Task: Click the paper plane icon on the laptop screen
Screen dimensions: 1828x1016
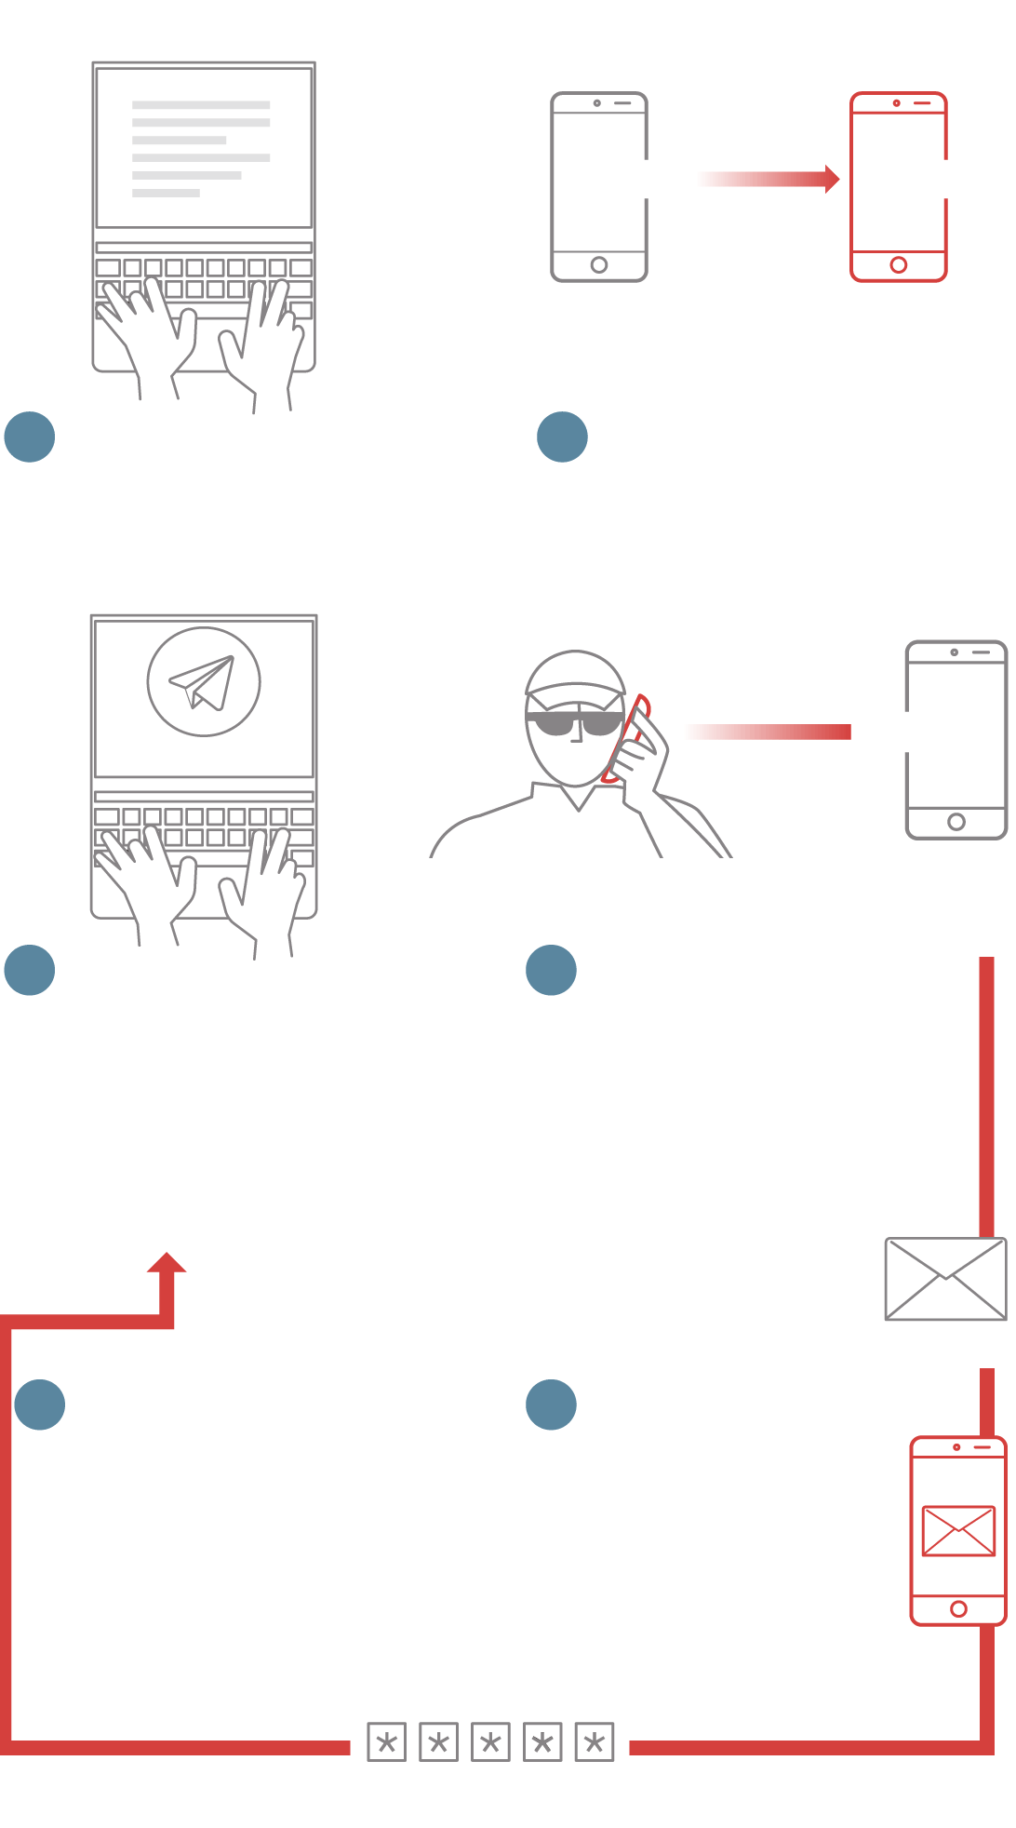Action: pyautogui.click(x=204, y=682)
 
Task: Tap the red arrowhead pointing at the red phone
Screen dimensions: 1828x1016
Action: pyautogui.click(x=832, y=179)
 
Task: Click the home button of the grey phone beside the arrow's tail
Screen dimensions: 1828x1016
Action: pyautogui.click(x=599, y=265)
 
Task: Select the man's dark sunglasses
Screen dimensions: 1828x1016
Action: pyautogui.click(x=574, y=722)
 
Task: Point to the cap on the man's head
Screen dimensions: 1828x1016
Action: pyautogui.click(x=575, y=675)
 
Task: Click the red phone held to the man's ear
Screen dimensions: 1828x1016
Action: pyautogui.click(x=625, y=740)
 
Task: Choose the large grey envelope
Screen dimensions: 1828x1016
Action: pyautogui.click(x=945, y=1278)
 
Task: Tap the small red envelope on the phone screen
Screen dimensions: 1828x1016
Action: pyautogui.click(x=958, y=1530)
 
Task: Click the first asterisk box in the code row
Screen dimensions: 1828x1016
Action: pyautogui.click(x=386, y=1741)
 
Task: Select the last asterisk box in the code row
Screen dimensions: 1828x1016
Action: pyautogui.click(x=595, y=1741)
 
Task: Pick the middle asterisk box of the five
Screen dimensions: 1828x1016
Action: pyautogui.click(x=490, y=1741)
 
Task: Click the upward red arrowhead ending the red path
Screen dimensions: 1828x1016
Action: pyautogui.click(x=167, y=1263)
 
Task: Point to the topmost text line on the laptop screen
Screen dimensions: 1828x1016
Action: pyautogui.click(x=201, y=105)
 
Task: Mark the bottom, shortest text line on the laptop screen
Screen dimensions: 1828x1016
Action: pyautogui.click(x=166, y=193)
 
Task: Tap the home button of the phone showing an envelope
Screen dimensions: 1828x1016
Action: pyautogui.click(x=958, y=1608)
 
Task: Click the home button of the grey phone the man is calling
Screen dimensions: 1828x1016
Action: pyautogui.click(x=956, y=822)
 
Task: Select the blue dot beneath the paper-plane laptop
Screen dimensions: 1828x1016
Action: pyautogui.click(x=30, y=970)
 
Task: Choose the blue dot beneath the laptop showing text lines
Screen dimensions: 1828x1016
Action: pyautogui.click(x=30, y=437)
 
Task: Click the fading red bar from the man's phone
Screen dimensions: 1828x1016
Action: pyautogui.click(x=769, y=732)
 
